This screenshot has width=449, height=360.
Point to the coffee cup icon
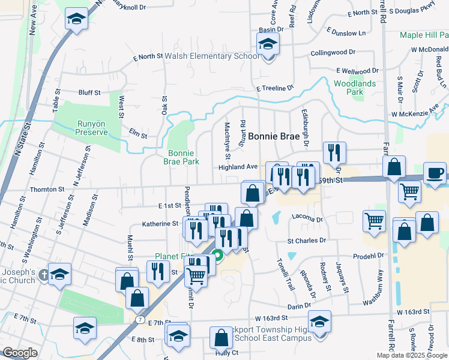(x=435, y=173)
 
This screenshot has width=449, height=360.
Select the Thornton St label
(x=47, y=189)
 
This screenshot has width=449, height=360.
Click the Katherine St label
(x=160, y=224)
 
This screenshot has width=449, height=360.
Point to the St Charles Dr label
(x=306, y=241)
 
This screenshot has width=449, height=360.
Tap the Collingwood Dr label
(x=333, y=53)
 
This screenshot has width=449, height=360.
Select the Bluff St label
(x=89, y=92)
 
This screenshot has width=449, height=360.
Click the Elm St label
(x=139, y=135)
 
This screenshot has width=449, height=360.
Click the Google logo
(x=20, y=353)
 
